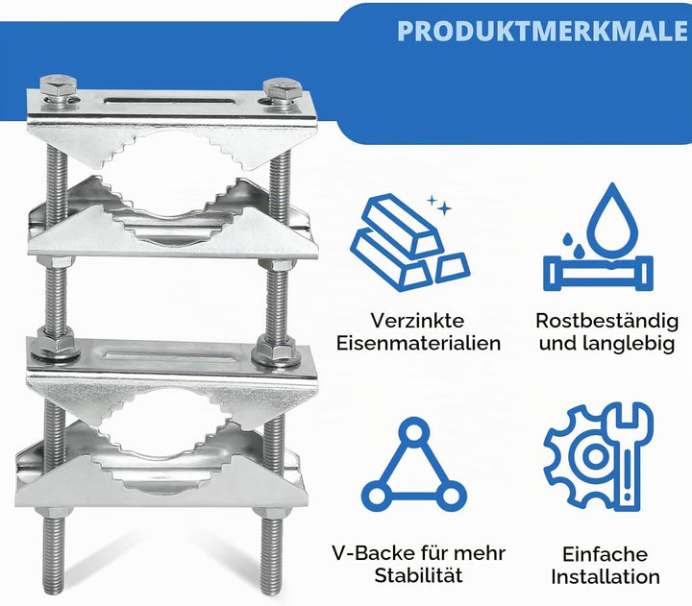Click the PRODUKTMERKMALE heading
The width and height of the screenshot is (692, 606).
click(542, 31)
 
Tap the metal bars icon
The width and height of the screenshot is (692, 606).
click(410, 243)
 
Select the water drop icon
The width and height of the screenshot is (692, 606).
click(598, 236)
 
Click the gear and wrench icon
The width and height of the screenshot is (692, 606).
click(599, 457)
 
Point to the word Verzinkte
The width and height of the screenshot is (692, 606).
click(417, 321)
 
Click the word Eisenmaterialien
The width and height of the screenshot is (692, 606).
click(418, 343)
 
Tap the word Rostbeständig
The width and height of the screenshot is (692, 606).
click(606, 322)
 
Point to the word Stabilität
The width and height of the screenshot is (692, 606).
click(418, 575)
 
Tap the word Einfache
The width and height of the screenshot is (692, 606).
click(605, 554)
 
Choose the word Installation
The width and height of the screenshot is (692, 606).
click(605, 577)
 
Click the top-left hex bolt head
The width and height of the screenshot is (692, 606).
click(59, 86)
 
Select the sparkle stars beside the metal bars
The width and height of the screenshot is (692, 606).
click(439, 206)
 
